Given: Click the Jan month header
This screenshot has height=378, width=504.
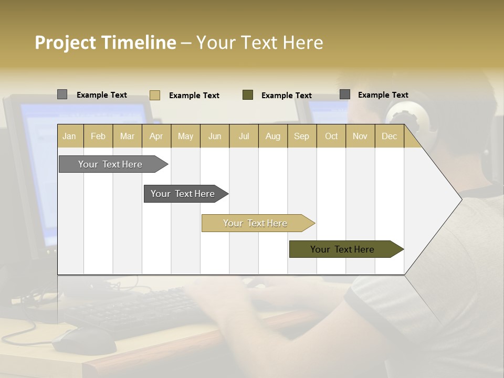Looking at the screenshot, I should coord(69,136).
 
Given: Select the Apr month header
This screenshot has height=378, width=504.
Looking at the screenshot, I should coord(156,136).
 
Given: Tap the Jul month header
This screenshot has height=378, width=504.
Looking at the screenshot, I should coord(244,136).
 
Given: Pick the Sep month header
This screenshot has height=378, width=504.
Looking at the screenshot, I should coord(301,136).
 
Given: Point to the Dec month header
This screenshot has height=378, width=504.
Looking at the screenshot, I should coord(389,136).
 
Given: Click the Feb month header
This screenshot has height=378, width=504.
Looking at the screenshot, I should coord(98,136).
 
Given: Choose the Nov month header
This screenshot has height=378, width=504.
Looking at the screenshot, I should coord(360,136).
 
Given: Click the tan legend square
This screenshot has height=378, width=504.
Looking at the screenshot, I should coord(154,95).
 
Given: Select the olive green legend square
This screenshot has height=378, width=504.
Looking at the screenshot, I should coord(248,95).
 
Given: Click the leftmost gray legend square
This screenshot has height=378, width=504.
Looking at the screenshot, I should coord(62,94).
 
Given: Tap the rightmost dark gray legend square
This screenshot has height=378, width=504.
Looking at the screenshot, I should coord(345,94).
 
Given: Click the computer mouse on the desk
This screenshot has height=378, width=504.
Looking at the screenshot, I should coord(84,341).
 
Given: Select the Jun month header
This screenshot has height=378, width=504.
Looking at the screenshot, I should coord(215,136).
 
